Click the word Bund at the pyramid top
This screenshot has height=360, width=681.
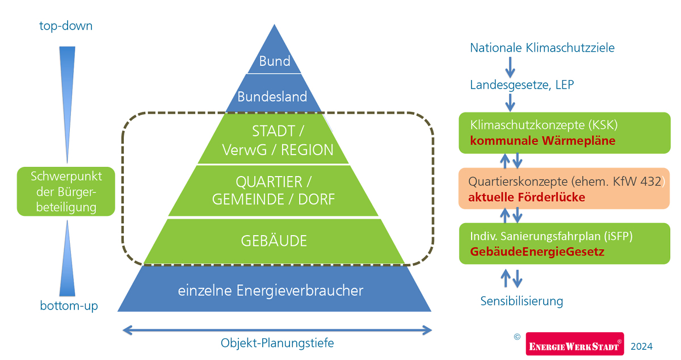(275, 61)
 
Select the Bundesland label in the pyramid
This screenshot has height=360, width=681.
(272, 96)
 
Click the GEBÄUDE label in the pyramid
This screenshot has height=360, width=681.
(274, 241)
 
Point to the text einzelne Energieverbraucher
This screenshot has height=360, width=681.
(271, 291)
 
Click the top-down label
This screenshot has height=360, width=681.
(66, 26)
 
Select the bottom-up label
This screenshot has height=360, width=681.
(69, 306)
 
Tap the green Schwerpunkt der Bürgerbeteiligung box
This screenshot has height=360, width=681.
(66, 192)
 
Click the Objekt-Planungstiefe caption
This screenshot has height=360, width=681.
(277, 343)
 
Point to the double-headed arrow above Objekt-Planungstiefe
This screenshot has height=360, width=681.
(278, 329)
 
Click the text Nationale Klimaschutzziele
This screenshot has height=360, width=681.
(542, 48)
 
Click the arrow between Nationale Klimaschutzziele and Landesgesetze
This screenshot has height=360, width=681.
(510, 66)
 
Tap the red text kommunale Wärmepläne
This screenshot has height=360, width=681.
(543, 140)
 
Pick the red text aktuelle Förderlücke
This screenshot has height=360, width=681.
(526, 198)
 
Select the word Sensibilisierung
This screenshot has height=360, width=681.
(522, 301)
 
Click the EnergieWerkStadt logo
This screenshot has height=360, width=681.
(574, 345)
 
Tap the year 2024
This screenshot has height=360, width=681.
(641, 346)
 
